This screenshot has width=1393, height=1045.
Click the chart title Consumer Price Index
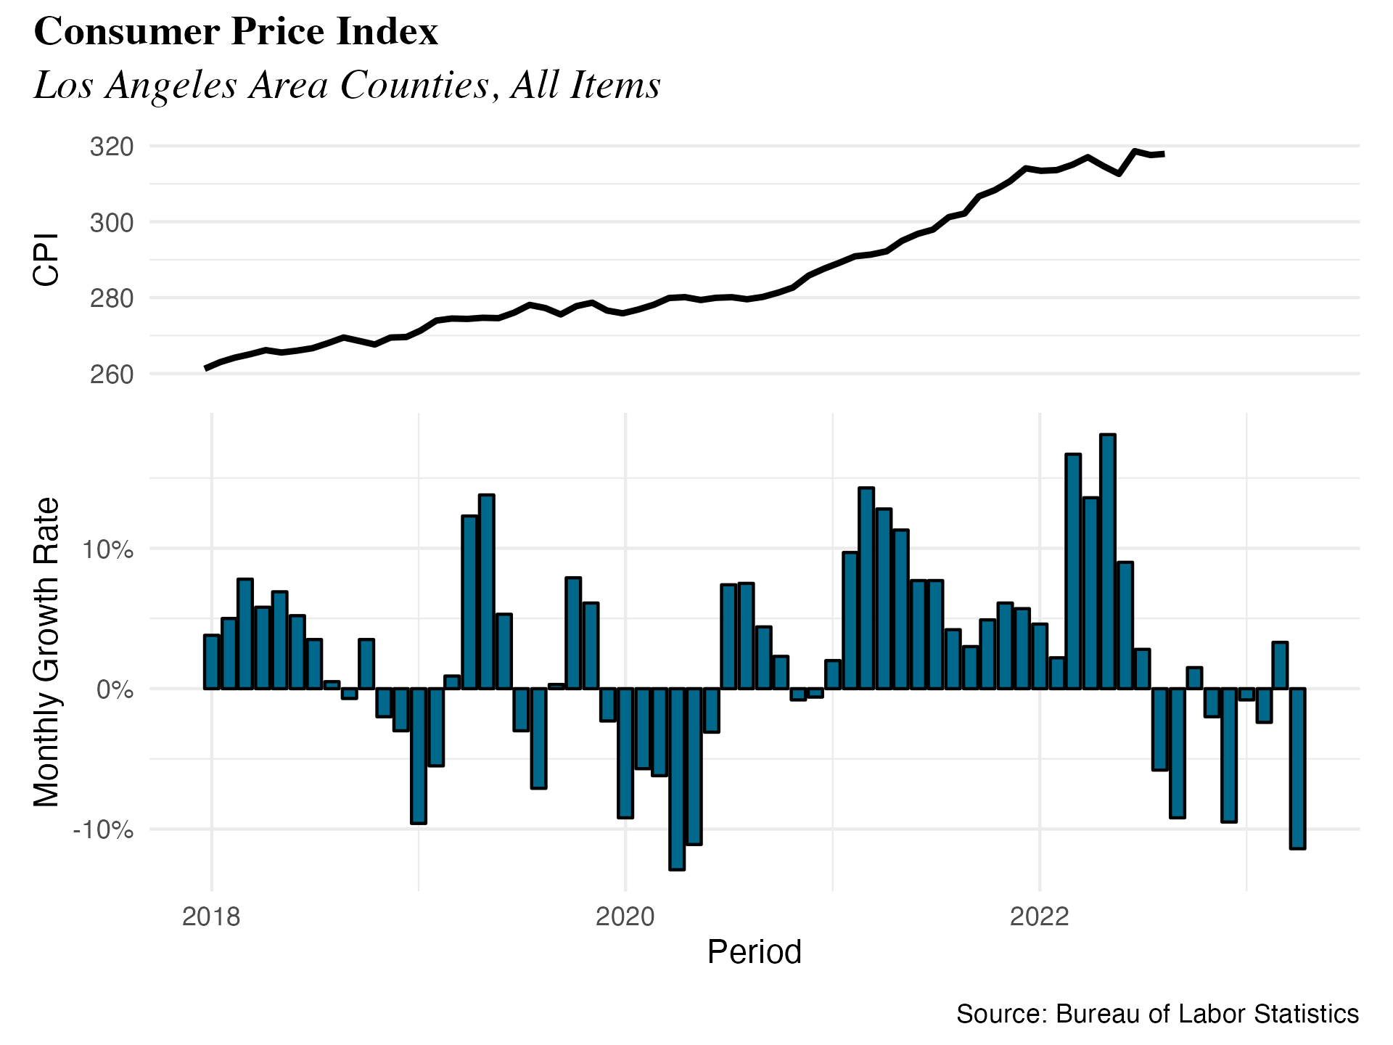(236, 32)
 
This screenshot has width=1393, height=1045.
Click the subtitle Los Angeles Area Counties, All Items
(347, 85)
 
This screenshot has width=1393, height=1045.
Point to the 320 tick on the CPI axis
(112, 147)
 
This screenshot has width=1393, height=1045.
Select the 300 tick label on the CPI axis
(112, 222)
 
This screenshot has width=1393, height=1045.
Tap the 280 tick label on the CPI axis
(112, 298)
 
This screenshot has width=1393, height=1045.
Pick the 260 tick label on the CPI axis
(112, 374)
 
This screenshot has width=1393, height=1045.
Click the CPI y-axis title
(46, 260)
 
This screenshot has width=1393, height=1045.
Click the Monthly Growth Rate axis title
(46, 652)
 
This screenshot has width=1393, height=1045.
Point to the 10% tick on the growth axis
(107, 549)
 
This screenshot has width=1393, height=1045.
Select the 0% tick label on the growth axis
(115, 689)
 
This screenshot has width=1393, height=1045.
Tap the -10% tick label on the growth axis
(103, 829)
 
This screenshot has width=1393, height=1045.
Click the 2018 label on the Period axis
(211, 917)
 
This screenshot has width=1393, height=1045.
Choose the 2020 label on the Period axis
(625, 917)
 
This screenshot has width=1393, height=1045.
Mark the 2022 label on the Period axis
(1039, 917)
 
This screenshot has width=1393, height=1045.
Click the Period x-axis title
(754, 952)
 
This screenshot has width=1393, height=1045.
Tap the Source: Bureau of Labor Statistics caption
(1157, 1014)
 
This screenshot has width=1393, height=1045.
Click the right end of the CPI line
(1163, 154)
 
